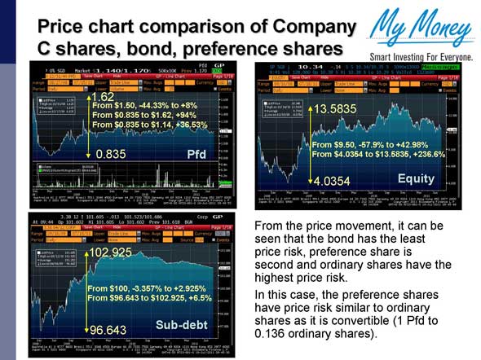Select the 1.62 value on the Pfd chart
tap(103, 97)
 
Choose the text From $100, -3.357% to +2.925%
tap(144, 288)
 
